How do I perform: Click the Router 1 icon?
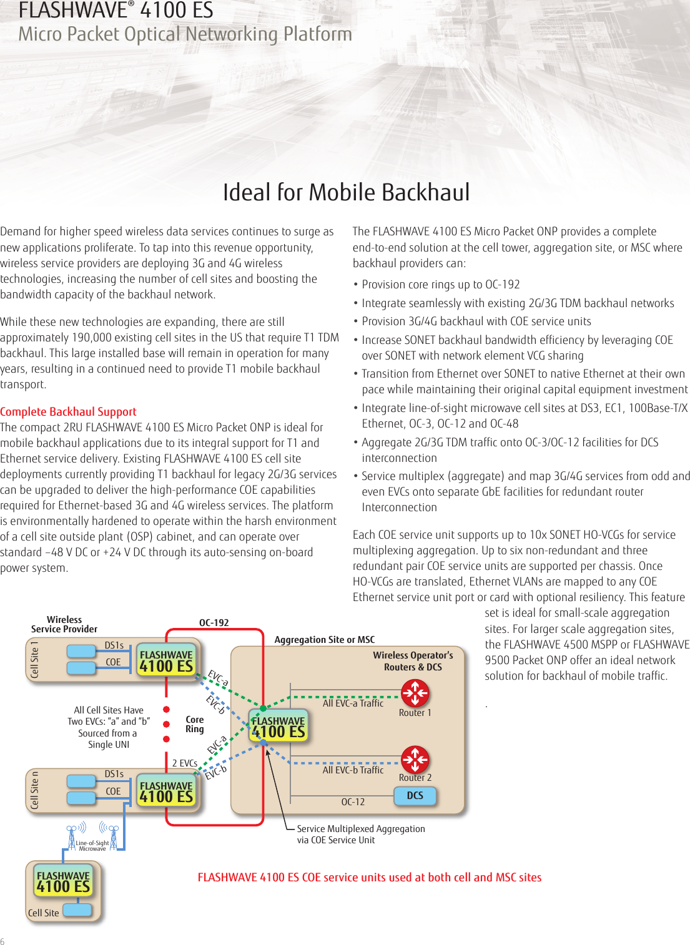coord(415,693)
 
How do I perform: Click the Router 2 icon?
coord(415,760)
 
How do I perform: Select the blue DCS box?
coord(415,796)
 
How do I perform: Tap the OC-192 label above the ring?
coord(214,623)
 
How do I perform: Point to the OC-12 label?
coord(353,802)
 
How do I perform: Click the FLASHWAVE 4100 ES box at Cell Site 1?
coord(166,660)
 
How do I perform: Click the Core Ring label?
coord(195,724)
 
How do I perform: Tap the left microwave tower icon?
coord(73,835)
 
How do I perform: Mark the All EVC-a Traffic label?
coord(353,703)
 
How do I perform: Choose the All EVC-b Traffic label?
coord(353,770)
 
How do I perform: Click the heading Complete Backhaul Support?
coord(68,412)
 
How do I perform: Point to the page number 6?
coord(2,941)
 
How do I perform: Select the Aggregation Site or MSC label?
coord(325,640)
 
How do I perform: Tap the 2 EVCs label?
coord(184,763)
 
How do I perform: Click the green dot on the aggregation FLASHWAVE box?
coord(264,708)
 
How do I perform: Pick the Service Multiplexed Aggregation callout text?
coord(360,829)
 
